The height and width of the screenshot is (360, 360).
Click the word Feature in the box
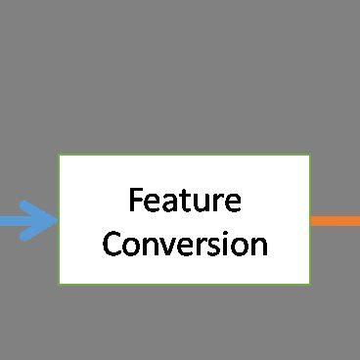click(185, 201)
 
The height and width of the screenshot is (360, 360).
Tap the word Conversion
click(185, 243)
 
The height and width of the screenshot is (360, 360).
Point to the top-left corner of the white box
click(60, 156)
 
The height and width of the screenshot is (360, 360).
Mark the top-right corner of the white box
click(309, 156)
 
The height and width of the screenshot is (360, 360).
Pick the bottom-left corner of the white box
click(60, 283)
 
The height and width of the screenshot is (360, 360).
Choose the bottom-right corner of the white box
click(309, 283)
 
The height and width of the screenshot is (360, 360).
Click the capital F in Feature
click(136, 201)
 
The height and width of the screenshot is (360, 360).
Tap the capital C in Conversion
click(112, 243)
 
